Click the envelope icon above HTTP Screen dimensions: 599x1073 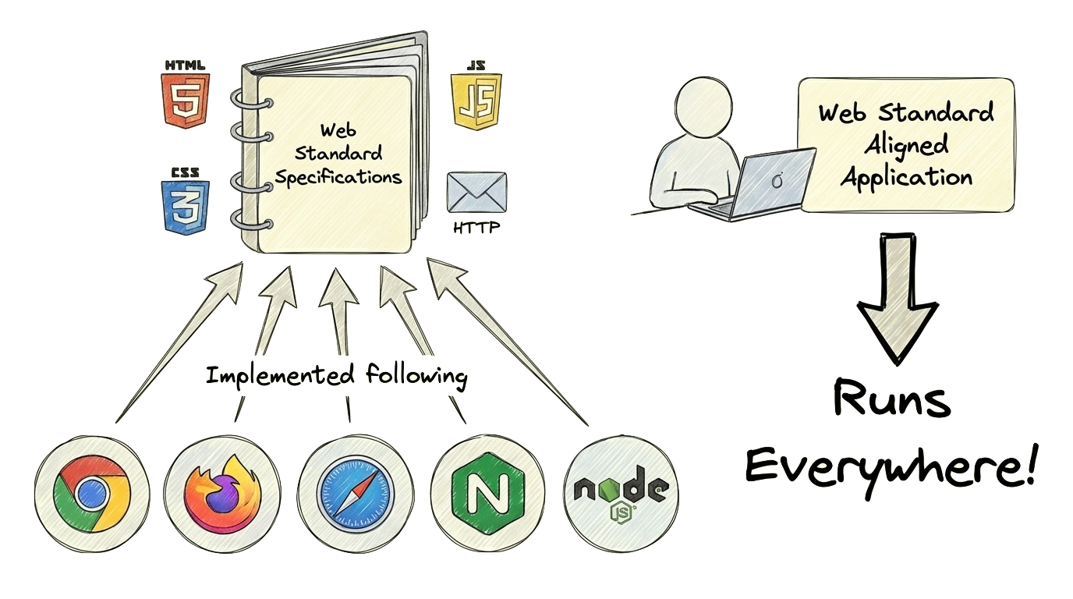point(476,192)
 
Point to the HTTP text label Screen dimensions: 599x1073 point(476,229)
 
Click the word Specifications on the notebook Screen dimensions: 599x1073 point(338,177)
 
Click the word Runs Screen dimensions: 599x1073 point(891,400)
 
